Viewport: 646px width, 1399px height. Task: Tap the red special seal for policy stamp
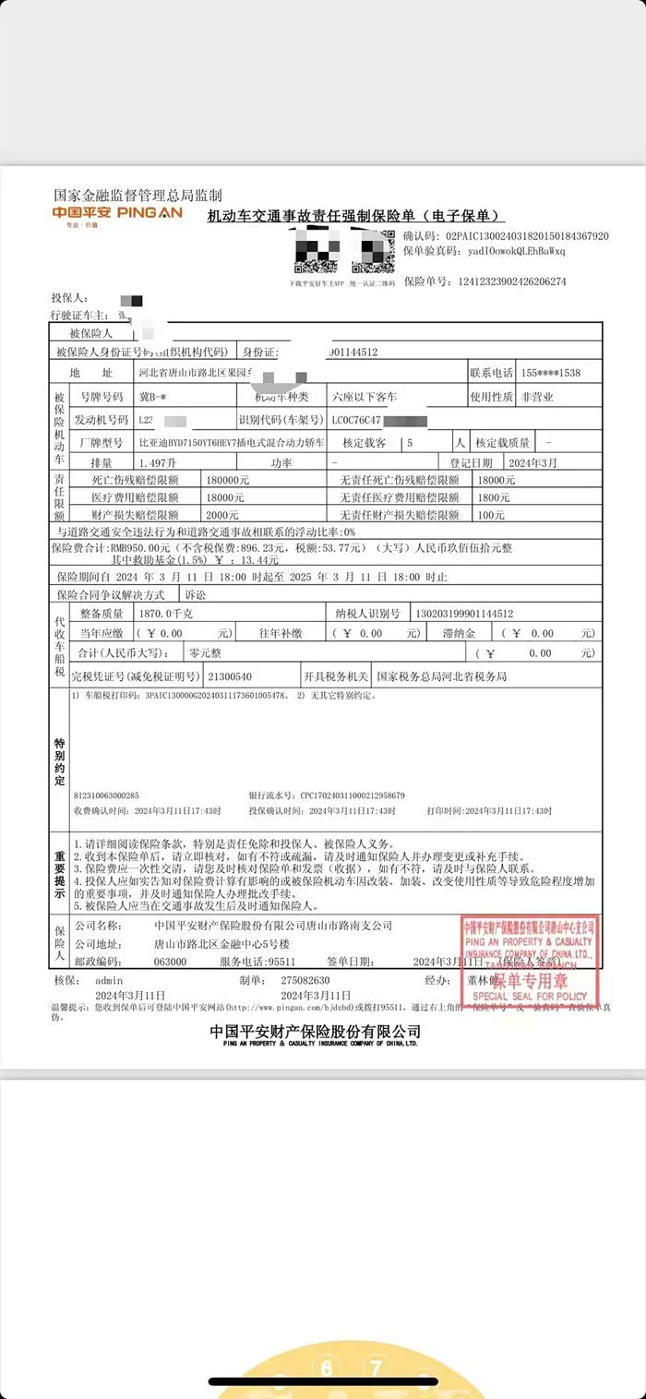click(x=530, y=960)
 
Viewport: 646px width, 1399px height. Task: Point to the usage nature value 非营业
click(x=539, y=397)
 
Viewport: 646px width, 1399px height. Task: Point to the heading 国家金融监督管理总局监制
click(x=138, y=196)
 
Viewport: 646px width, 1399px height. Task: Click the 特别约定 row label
click(x=60, y=761)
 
